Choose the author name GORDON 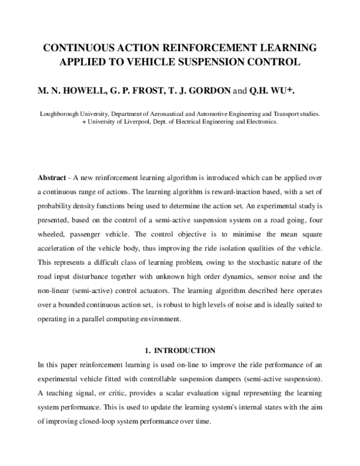pyautogui.click(x=209, y=91)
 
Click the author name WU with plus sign pyautogui.click(x=285, y=91)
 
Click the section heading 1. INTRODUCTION pyautogui.click(x=180, y=349)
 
